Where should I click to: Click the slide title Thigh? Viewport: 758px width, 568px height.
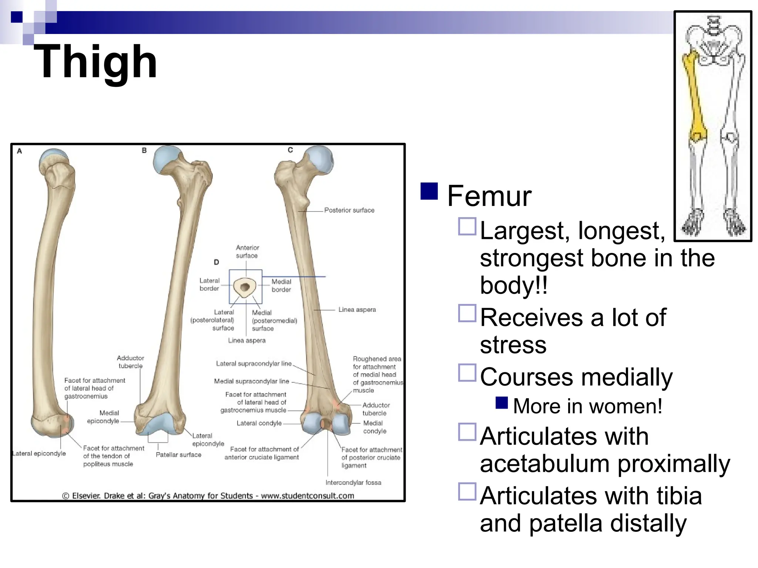click(x=95, y=61)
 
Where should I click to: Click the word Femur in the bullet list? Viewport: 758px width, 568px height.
click(x=489, y=196)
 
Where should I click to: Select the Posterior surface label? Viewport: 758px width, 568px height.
click(x=349, y=210)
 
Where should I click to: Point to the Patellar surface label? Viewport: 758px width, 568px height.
click(x=178, y=455)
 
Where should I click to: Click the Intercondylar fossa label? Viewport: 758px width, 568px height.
click(x=353, y=483)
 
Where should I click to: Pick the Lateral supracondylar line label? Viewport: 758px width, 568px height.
click(x=254, y=364)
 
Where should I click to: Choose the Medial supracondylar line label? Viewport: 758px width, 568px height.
click(x=251, y=381)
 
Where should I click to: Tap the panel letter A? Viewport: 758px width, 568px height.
click(x=20, y=151)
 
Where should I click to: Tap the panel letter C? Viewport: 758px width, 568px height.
click(x=290, y=150)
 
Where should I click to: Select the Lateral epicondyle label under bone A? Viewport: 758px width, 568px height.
click(x=39, y=454)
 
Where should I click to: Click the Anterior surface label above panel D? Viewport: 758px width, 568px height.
click(x=247, y=252)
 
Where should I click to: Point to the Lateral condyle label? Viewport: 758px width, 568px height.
click(x=259, y=423)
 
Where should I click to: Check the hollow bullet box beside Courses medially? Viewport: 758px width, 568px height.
click(x=467, y=373)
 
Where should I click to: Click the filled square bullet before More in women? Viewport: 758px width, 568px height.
click(x=502, y=403)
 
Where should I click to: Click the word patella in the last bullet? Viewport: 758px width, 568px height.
click(x=567, y=524)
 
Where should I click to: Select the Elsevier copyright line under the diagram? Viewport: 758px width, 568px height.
click(x=208, y=496)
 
